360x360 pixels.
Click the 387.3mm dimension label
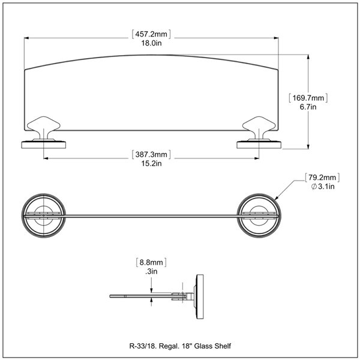point(150,154)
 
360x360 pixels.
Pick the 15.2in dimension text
point(150,163)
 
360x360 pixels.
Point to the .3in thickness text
point(151,272)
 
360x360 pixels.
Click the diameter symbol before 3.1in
point(314,187)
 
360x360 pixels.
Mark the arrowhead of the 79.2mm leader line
point(276,198)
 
